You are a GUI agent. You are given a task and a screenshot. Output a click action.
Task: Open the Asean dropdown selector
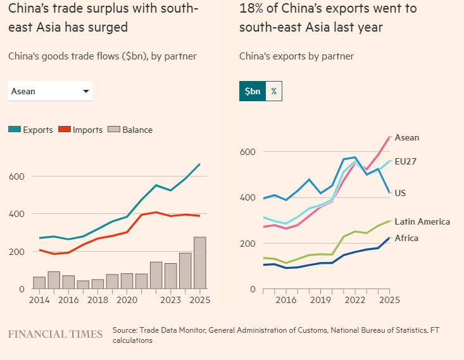coord(50,91)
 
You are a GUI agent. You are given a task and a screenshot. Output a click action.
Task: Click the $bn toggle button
coord(253,91)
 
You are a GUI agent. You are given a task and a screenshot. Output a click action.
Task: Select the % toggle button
coord(274,91)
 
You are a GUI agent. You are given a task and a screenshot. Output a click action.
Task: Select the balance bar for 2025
coord(199,263)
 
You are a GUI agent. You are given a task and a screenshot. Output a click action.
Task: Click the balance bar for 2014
coord(39,282)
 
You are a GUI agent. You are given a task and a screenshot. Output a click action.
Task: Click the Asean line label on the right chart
coord(406,138)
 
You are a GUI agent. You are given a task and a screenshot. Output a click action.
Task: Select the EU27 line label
coord(405,161)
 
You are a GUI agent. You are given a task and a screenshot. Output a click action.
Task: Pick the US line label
coord(400,193)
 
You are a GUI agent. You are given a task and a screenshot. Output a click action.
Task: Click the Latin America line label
coord(422,221)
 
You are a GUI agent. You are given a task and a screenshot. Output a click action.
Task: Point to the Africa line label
coord(406,239)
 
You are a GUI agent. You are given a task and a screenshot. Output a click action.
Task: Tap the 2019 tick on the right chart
coord(320,301)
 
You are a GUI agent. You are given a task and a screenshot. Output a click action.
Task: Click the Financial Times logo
coord(55,333)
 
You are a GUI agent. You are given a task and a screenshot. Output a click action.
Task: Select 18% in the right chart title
coord(251,9)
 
